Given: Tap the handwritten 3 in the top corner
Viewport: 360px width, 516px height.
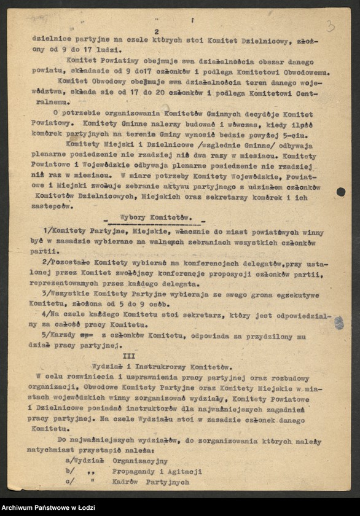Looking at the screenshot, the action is pos(331,26).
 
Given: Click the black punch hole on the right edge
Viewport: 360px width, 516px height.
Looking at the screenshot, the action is pos(341,192).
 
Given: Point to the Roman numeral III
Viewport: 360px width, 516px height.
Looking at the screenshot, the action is pos(129,356).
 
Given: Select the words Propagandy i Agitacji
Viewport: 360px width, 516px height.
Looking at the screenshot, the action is pos(157,472).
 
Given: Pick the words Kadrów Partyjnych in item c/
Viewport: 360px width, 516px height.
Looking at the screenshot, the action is pos(151,482).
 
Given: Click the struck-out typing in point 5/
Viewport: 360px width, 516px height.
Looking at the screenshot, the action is pos(89,335).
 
